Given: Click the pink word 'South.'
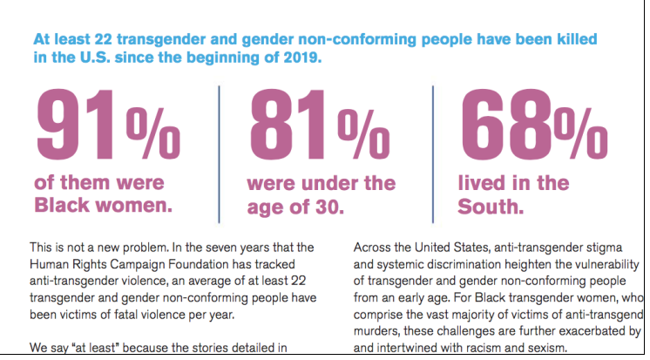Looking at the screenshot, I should (x=491, y=207).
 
